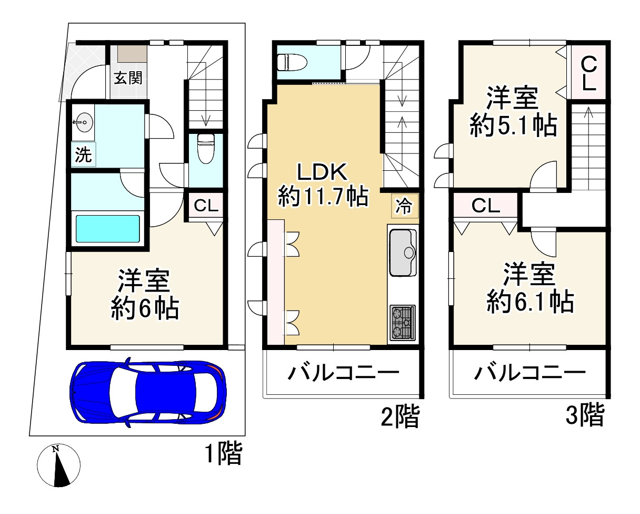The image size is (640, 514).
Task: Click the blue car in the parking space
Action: click(148, 391)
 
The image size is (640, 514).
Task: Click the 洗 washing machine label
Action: click(83, 156)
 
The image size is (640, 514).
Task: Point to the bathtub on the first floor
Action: click(108, 228)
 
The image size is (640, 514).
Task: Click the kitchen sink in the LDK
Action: click(403, 253)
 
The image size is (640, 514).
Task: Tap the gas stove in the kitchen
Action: click(403, 322)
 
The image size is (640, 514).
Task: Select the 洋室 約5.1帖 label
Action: click(513, 112)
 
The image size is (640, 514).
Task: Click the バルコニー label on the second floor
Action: click(343, 374)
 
